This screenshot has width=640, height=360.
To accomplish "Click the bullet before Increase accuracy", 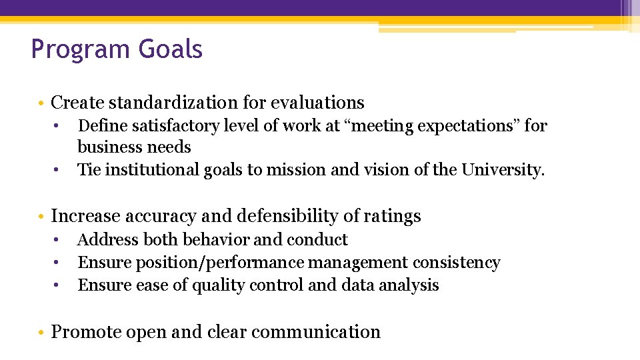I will tap(42, 217).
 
